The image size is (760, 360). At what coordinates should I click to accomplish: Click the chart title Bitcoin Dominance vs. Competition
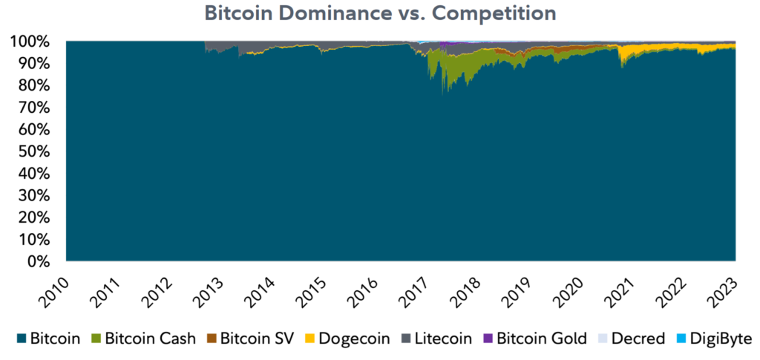[x=380, y=13]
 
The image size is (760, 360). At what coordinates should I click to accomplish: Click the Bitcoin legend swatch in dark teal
[x=22, y=339]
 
